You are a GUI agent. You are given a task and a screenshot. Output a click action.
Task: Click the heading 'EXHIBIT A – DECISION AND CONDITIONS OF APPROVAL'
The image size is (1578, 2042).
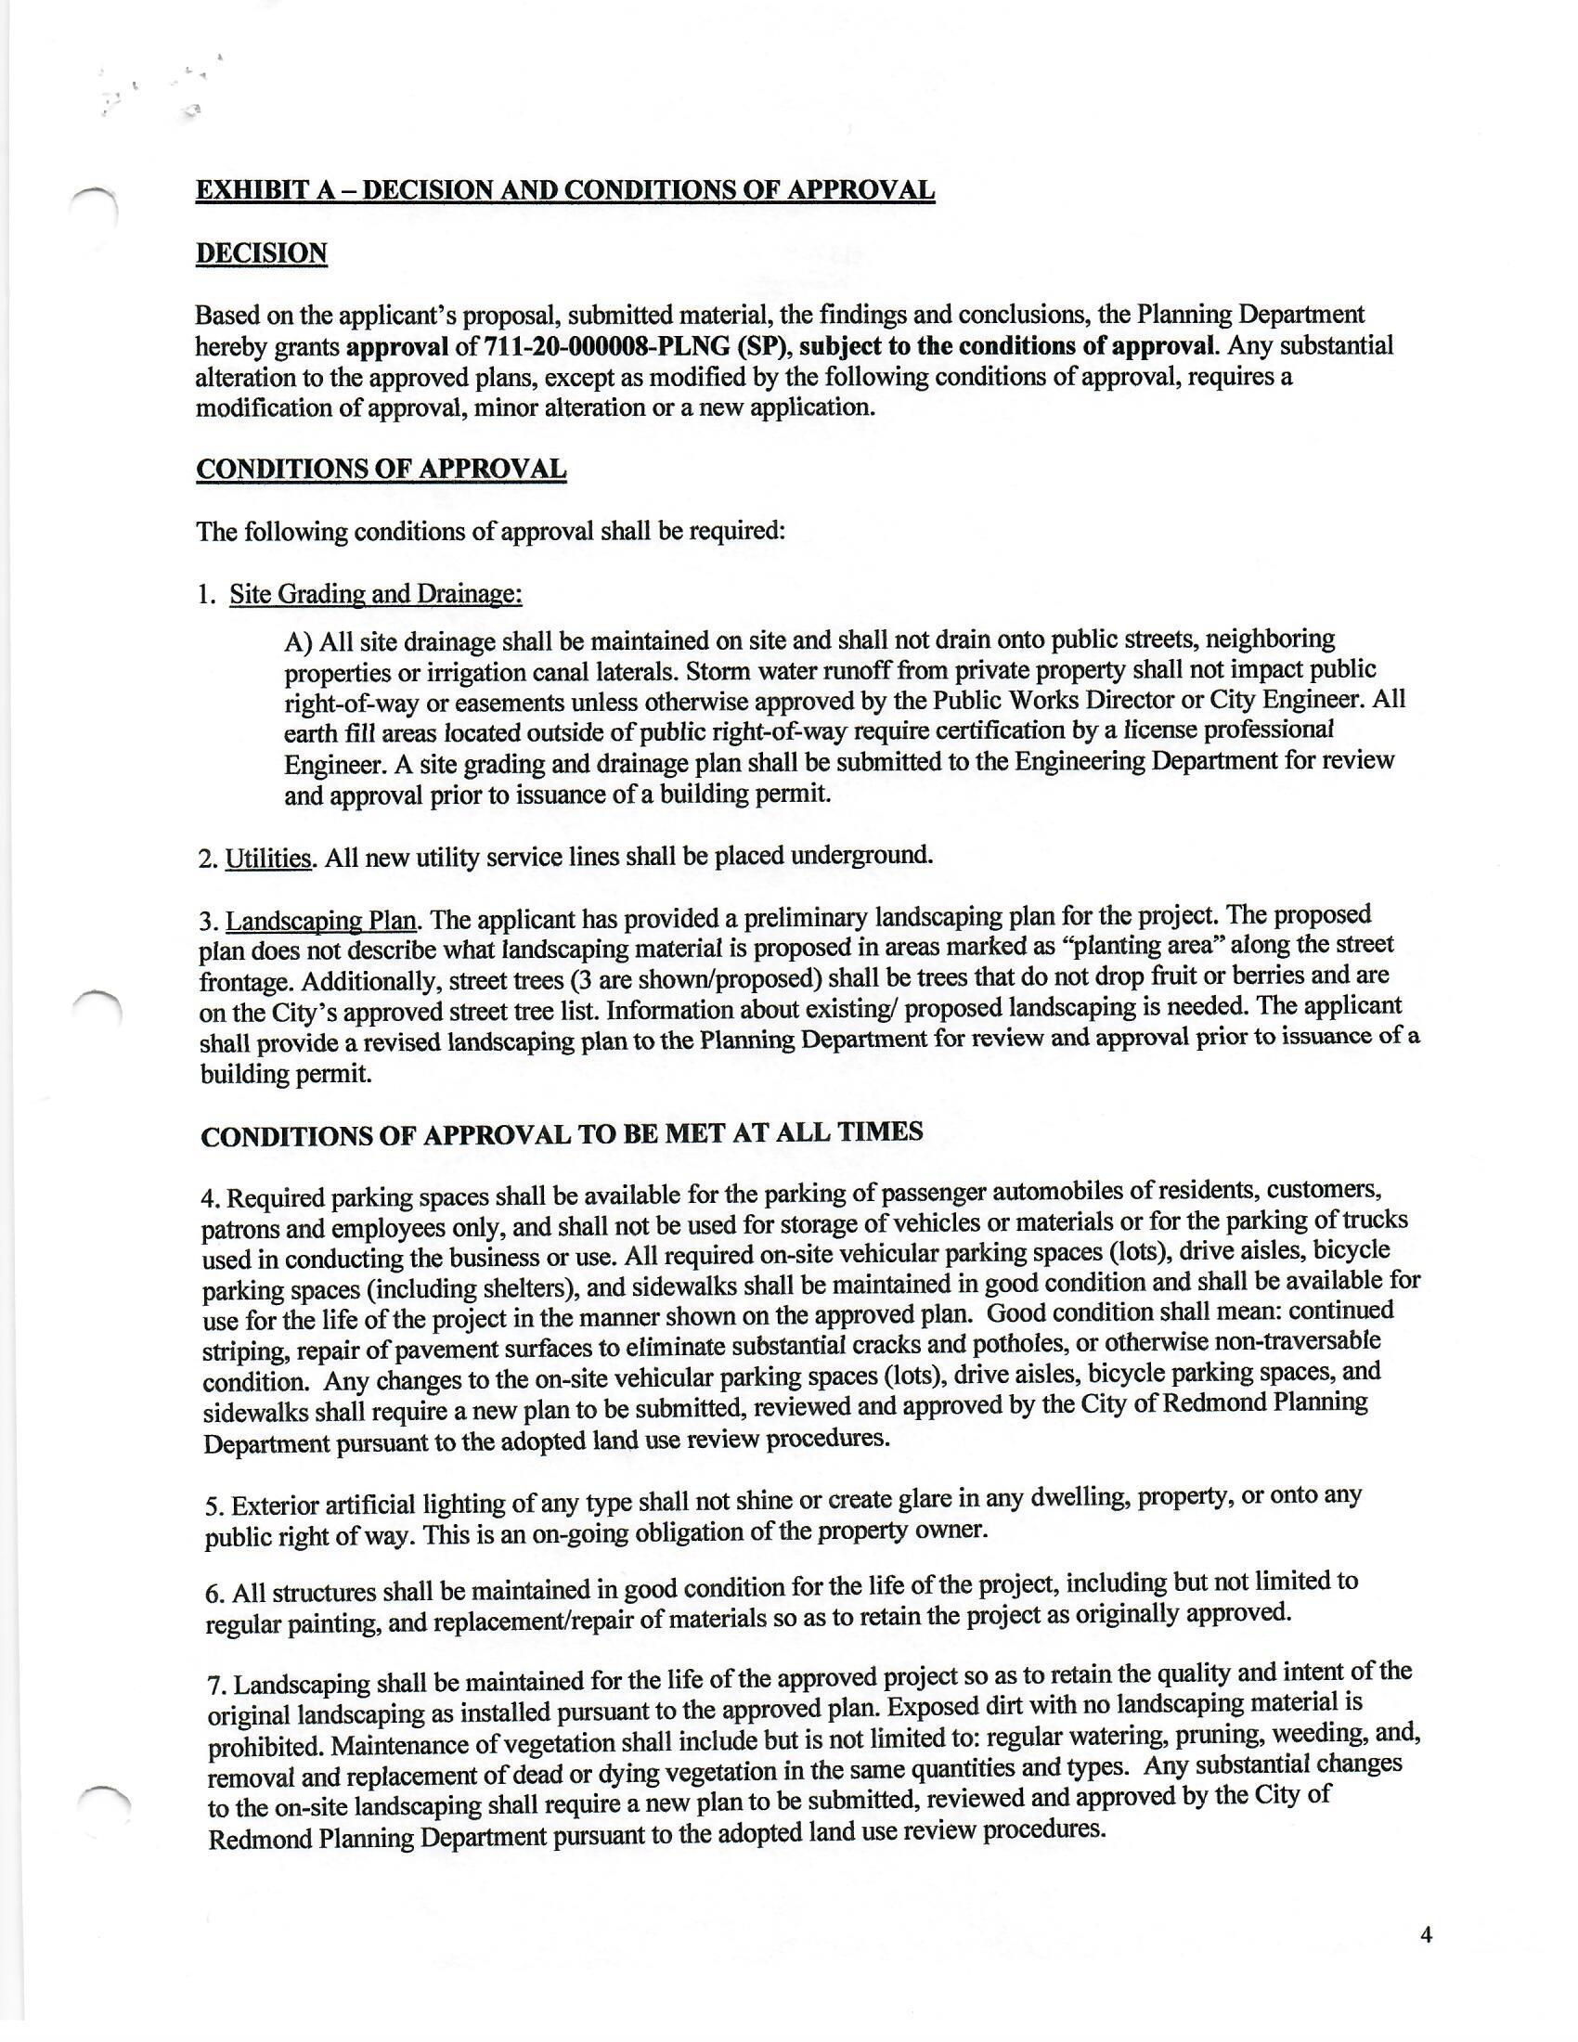564,189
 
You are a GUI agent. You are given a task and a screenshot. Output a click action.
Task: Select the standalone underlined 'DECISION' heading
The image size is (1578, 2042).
261,253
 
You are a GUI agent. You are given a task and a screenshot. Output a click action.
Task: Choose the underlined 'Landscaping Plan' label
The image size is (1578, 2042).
321,921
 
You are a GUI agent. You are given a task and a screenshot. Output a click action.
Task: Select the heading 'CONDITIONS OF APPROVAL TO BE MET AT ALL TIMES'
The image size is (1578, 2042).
562,1134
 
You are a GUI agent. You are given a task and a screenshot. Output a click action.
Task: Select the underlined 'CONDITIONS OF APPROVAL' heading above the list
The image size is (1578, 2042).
382,469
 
